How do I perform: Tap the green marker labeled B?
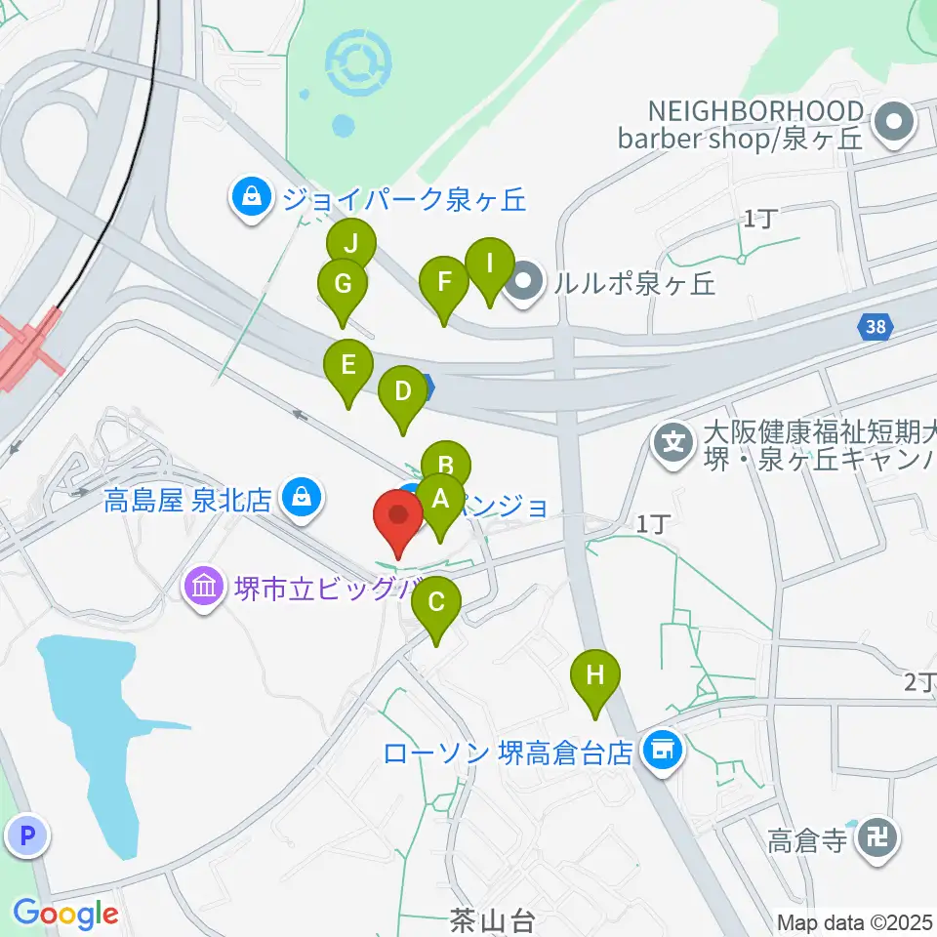pos(446,463)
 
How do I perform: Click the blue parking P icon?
pos(27,835)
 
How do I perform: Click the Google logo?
pos(65,915)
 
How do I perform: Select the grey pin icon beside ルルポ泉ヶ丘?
pos(525,282)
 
